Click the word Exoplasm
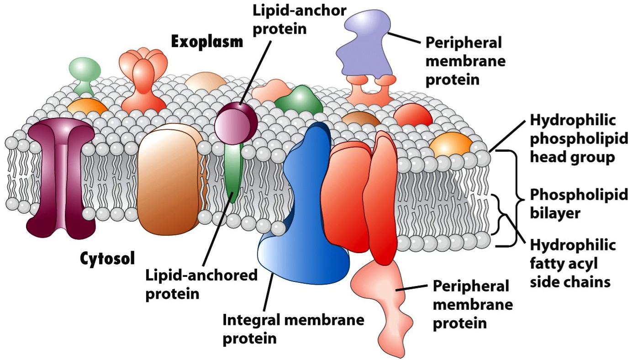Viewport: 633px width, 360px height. (207, 42)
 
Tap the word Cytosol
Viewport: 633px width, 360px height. (107, 258)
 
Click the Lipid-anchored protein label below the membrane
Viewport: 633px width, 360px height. (201, 284)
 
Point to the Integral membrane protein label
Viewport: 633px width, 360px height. (293, 328)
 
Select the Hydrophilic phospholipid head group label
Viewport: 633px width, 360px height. (573, 139)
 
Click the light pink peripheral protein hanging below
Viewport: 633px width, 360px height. (384, 297)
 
